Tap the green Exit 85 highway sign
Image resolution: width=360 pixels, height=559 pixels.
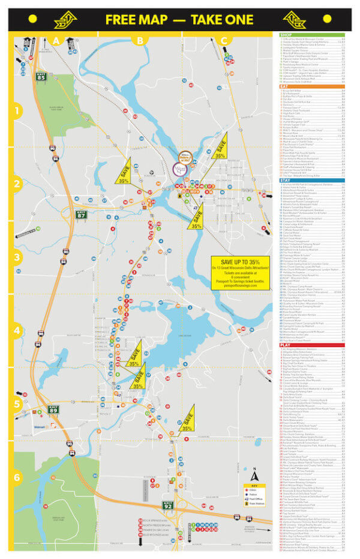(x=41, y=76)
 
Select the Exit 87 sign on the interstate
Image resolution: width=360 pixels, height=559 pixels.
(x=82, y=214)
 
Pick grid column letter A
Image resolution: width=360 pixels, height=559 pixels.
(x=56, y=40)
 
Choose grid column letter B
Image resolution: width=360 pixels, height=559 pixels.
(x=140, y=40)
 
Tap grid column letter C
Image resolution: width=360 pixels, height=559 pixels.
(x=224, y=40)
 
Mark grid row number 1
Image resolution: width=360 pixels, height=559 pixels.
(x=18, y=111)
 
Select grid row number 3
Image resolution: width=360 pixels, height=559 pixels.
(x=18, y=257)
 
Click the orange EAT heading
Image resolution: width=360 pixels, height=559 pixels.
(x=284, y=86)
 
